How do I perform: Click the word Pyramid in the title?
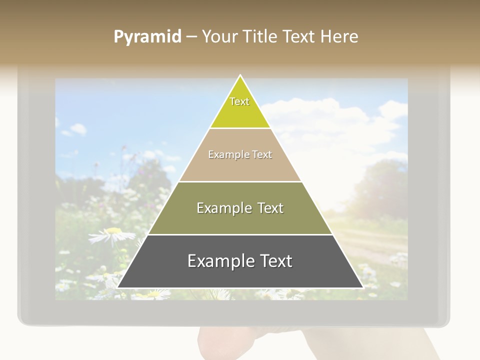(x=147, y=37)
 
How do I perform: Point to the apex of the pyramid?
(x=240, y=76)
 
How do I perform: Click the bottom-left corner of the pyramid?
(x=118, y=287)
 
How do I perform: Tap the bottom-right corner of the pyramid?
(x=362, y=287)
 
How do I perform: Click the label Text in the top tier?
(x=239, y=101)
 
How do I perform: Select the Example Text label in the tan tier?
(x=240, y=154)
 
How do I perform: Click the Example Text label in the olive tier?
(x=240, y=208)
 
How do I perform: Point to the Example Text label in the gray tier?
(x=240, y=261)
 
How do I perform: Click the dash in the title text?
(x=191, y=37)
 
